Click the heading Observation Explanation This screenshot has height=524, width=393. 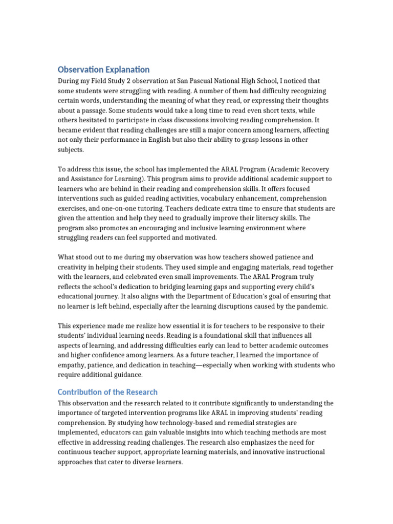(x=103, y=69)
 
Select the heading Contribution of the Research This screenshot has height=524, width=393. (x=107, y=392)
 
